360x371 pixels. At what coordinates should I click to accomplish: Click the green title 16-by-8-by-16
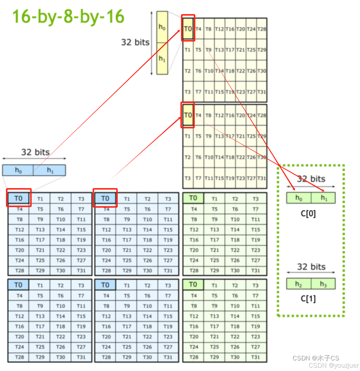[x=68, y=16]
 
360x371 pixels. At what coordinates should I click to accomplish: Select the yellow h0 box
[x=162, y=27]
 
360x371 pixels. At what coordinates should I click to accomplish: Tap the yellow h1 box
[x=162, y=59]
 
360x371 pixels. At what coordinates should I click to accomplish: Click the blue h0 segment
[x=18, y=170]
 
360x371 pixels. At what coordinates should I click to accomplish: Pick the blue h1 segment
[x=50, y=170]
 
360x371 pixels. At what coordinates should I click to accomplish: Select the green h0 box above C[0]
[x=299, y=198]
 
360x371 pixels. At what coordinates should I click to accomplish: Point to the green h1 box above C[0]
[x=324, y=198]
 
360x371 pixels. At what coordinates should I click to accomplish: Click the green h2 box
[x=298, y=284]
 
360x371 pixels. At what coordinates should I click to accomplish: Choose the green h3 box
[x=323, y=284]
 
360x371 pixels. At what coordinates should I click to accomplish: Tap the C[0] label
[x=308, y=214]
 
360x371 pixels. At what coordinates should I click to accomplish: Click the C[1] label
[x=308, y=299]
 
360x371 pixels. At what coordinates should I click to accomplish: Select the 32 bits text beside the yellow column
[x=135, y=42]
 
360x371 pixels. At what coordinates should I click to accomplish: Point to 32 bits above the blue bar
[x=35, y=152]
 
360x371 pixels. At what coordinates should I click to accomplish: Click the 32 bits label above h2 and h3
[x=311, y=267]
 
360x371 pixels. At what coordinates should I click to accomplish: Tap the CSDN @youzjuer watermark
[x=333, y=365]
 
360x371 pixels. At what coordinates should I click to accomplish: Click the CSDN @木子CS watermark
[x=316, y=358]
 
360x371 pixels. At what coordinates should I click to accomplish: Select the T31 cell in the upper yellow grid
[x=262, y=92]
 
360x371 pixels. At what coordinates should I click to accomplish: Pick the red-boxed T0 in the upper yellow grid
[x=188, y=29]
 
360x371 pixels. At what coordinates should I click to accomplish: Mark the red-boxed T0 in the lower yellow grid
[x=188, y=115]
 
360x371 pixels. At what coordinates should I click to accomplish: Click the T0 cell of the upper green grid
[x=193, y=198]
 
